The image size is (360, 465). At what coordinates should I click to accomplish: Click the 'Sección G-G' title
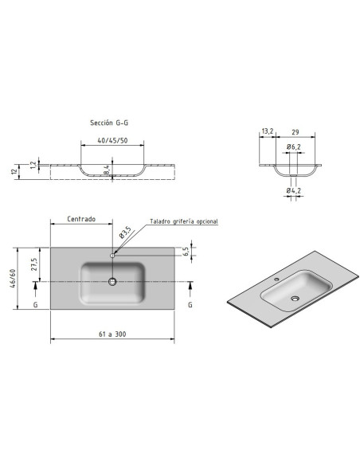pyautogui.click(x=109, y=123)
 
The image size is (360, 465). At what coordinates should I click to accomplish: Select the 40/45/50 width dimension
pyautogui.click(x=112, y=141)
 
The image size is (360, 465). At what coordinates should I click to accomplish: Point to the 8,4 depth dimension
pyautogui.click(x=107, y=170)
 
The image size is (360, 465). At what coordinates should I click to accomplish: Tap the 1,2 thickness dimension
pyautogui.click(x=33, y=165)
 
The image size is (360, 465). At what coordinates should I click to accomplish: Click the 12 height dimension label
pyautogui.click(x=14, y=171)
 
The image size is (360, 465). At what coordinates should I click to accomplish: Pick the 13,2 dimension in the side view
pyautogui.click(x=268, y=131)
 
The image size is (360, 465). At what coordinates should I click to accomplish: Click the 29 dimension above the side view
pyautogui.click(x=295, y=132)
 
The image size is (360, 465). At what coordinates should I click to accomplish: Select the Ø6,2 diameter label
pyautogui.click(x=294, y=147)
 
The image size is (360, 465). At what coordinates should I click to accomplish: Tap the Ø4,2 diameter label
pyautogui.click(x=294, y=190)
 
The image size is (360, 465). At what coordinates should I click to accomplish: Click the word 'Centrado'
pyautogui.click(x=81, y=219)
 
